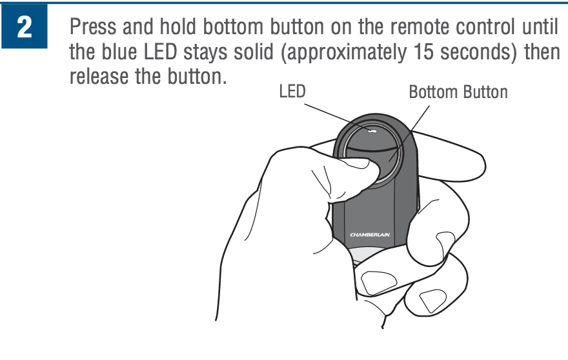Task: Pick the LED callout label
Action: click(292, 92)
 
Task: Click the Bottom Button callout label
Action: click(458, 92)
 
